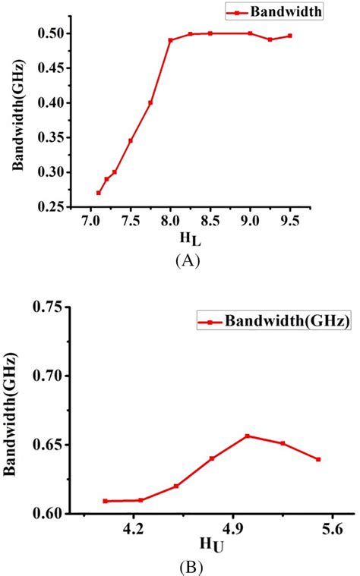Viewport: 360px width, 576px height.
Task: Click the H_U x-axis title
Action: point(212,545)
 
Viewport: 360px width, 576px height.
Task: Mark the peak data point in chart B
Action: point(248,436)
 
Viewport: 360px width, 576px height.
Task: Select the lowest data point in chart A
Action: point(99,193)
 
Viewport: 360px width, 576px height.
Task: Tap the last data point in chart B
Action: point(318,459)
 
